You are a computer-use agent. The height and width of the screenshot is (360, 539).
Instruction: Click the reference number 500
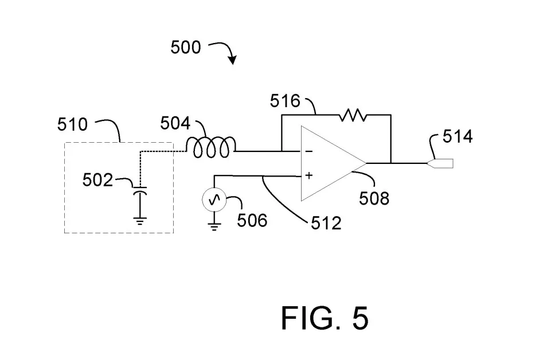point(186,47)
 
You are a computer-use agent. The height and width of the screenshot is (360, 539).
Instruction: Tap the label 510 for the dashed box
point(72,124)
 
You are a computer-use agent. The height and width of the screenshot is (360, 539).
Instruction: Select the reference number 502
point(97,179)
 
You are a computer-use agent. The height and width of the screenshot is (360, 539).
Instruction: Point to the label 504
point(175,123)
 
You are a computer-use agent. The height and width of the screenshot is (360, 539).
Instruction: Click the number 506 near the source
point(252,220)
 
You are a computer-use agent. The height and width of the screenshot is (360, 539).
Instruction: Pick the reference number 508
point(374,198)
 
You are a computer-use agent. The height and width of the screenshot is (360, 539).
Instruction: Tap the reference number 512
point(326,224)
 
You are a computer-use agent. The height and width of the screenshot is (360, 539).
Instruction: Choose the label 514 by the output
point(458,136)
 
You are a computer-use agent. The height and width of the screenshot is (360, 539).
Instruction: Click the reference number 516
point(285,101)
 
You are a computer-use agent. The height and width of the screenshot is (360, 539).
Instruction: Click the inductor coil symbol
point(211,147)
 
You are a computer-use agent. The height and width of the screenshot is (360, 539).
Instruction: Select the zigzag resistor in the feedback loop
point(353,115)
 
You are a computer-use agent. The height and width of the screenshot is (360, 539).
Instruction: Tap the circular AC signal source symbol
point(214,199)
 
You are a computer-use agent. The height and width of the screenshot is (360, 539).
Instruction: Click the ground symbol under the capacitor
point(140,221)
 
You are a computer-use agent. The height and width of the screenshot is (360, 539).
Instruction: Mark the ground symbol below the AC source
point(214,227)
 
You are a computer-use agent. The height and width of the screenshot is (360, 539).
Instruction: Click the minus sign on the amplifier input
point(308,151)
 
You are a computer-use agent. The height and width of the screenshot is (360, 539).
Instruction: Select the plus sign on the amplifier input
point(309,175)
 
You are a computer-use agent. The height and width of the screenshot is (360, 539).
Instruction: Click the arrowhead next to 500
point(233,60)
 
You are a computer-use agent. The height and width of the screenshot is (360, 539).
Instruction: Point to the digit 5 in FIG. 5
point(360,318)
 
